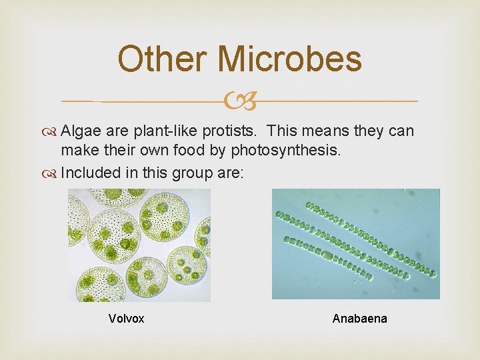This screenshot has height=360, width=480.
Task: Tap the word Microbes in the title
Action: click(x=289, y=59)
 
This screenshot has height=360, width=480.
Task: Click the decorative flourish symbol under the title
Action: click(x=241, y=101)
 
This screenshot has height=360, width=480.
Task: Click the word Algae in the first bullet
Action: click(x=78, y=132)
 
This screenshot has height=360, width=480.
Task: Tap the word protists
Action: click(x=199, y=132)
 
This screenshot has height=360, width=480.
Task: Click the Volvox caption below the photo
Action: click(x=126, y=319)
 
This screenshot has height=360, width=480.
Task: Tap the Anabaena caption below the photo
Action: click(x=359, y=319)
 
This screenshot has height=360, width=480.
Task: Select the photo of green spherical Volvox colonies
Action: click(x=139, y=245)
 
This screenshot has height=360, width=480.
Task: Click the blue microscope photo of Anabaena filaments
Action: click(x=355, y=243)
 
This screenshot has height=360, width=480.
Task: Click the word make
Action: click(x=78, y=152)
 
